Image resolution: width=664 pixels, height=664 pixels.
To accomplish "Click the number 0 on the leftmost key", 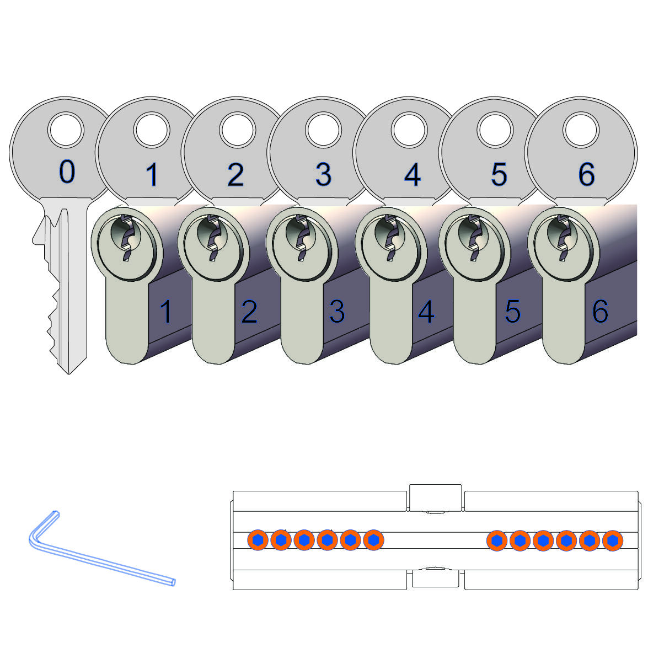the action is click(67, 172).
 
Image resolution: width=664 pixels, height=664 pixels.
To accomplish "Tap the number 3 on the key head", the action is click(323, 175).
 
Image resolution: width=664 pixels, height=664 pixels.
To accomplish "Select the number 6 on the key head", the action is click(586, 174).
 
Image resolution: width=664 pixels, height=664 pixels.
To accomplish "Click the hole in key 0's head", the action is click(66, 131).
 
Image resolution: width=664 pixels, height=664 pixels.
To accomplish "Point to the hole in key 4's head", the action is click(409, 131).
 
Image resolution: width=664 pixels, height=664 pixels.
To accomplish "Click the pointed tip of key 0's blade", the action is click(69, 373).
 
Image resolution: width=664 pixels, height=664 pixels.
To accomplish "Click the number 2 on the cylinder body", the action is click(249, 312).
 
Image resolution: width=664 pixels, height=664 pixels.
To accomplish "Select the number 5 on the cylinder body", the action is click(512, 312).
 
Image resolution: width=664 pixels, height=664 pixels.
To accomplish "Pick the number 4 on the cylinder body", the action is click(426, 312).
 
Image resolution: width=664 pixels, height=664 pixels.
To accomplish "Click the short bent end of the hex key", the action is click(56, 513).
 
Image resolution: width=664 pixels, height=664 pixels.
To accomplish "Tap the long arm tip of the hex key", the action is click(173, 582).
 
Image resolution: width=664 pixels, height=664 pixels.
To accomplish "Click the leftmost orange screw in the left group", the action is click(258, 540).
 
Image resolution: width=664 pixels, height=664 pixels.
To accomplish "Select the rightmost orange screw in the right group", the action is click(613, 540).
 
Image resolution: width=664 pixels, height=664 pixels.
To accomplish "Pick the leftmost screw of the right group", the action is click(497, 540).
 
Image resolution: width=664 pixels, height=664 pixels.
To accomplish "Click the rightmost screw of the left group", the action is click(373, 540).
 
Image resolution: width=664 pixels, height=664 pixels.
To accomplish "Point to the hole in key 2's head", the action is click(238, 131).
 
